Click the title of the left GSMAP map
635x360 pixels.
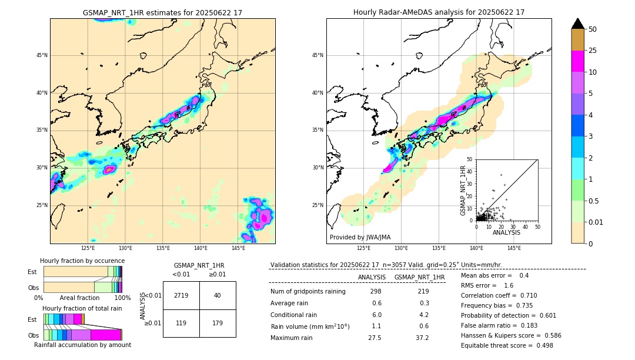click(162, 12)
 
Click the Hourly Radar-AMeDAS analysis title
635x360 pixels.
click(439, 12)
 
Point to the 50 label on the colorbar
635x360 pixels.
click(593, 29)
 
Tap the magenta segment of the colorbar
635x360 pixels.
click(577, 61)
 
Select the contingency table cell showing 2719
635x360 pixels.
click(181, 295)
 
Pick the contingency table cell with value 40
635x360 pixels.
click(218, 295)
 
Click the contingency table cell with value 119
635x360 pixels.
click(181, 323)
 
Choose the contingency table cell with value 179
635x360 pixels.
click(218, 323)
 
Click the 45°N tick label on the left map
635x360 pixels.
click(41, 55)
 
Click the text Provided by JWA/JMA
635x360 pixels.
click(360, 237)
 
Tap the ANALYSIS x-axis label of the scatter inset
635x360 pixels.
click(506, 232)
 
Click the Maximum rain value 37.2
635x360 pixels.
click(422, 338)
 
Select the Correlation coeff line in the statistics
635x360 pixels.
click(499, 295)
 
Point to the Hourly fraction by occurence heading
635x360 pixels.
click(82, 261)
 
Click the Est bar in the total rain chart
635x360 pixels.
click(63, 319)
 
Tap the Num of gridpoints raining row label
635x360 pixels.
click(308, 292)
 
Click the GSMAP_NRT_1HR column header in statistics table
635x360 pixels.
click(419, 277)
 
